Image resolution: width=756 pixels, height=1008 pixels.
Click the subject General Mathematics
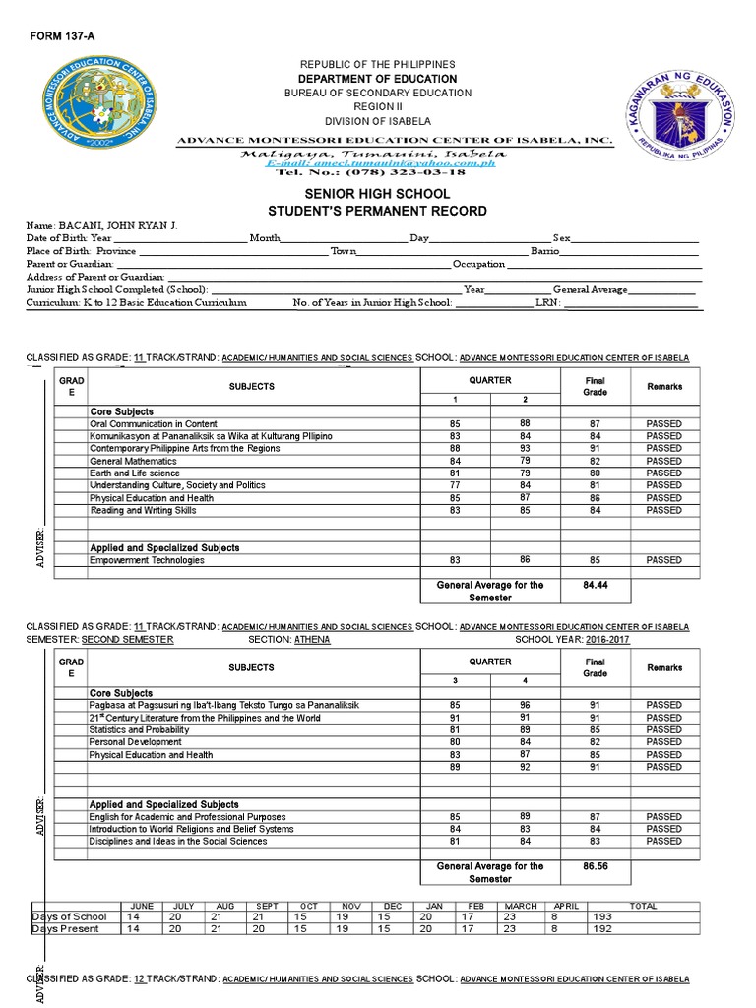[x=133, y=461]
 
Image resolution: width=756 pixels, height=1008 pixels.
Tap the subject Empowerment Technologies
[x=147, y=560]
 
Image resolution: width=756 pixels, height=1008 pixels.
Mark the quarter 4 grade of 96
[x=525, y=705]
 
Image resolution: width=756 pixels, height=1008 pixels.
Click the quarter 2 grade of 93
[x=525, y=448]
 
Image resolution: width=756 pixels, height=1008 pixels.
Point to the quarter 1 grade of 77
[x=455, y=485]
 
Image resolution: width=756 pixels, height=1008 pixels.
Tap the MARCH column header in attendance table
[x=521, y=905]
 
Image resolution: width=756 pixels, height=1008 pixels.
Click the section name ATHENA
[x=312, y=639]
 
